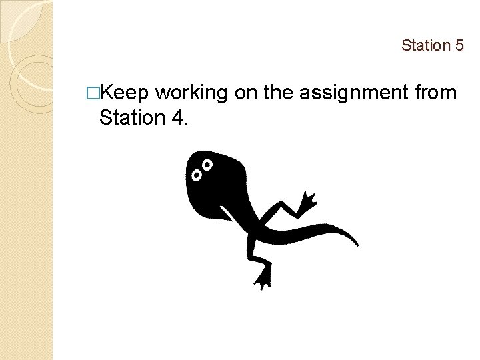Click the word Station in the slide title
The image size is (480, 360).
pos(425,45)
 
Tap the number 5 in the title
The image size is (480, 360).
pos(459,45)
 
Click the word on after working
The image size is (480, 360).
pos(246,94)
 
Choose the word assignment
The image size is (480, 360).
pos(353,94)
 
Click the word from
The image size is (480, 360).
pos(435,94)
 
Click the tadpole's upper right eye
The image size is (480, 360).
pos(207,164)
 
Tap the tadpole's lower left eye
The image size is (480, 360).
pos(197,175)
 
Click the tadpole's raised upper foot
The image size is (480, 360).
pos(308,201)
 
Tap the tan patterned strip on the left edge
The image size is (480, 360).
pos(27,267)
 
